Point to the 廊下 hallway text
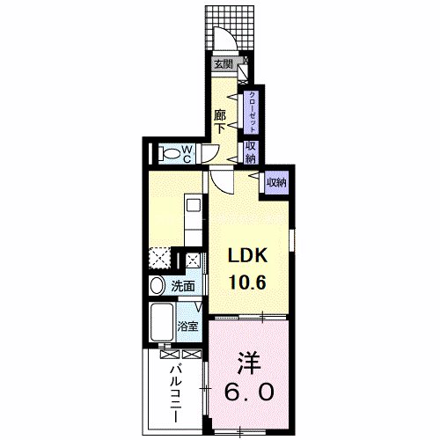(x=221, y=120)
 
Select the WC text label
(x=187, y=154)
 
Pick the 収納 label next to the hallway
(x=251, y=152)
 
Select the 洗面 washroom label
(x=183, y=286)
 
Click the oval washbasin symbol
(x=157, y=285)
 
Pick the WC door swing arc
(x=209, y=156)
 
